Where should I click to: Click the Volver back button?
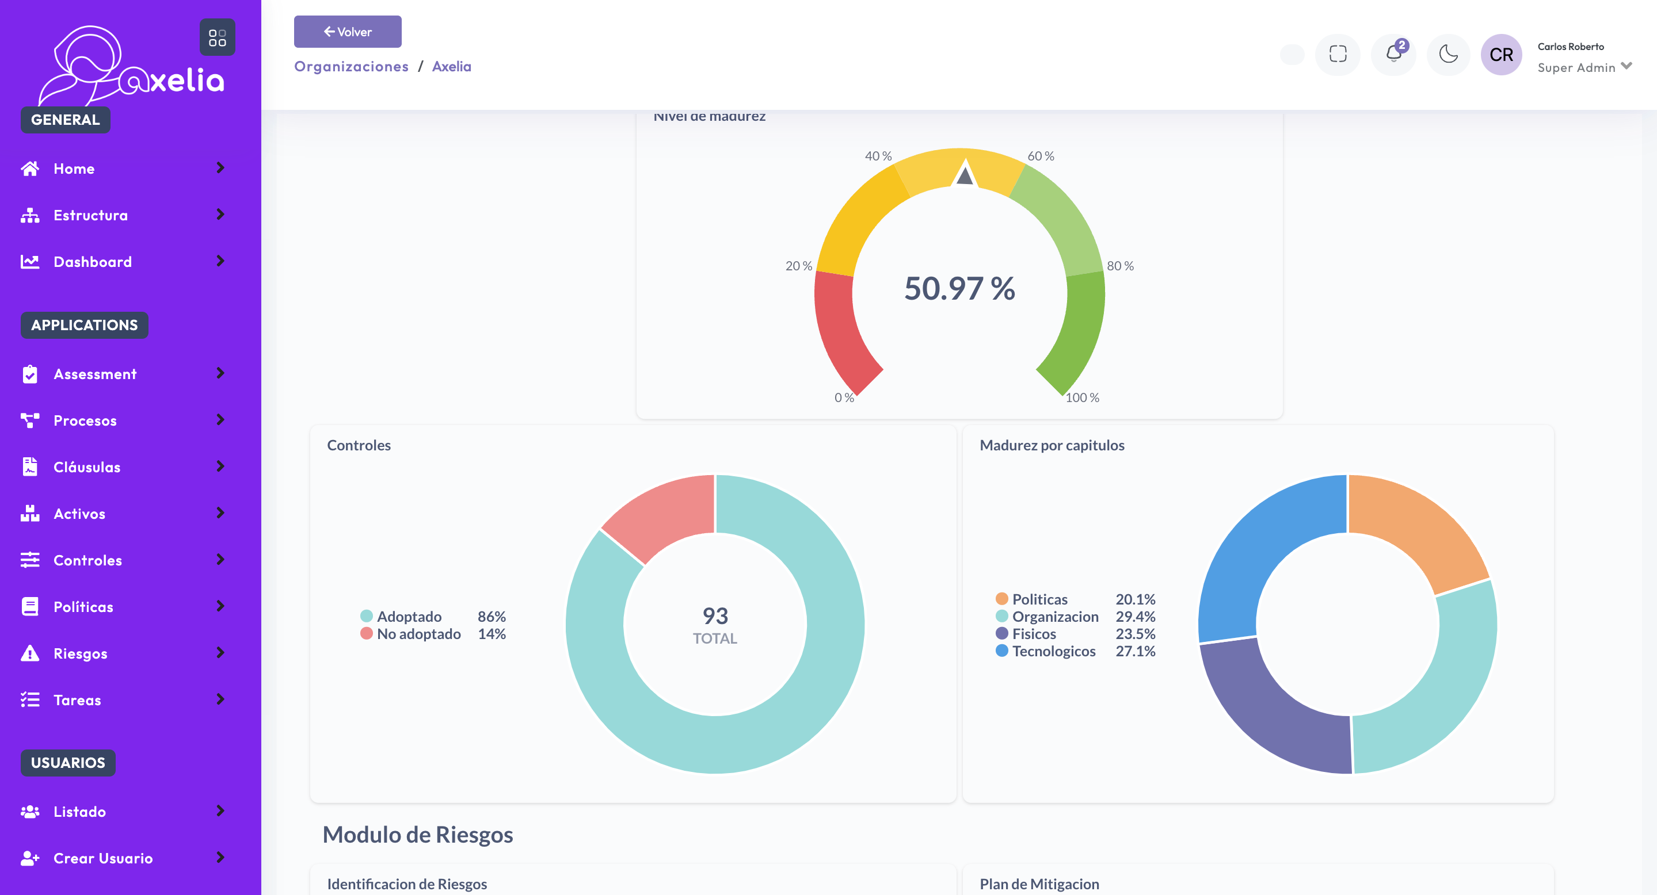click(348, 32)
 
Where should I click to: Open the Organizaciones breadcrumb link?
click(351, 66)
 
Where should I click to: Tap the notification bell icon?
click(1393, 54)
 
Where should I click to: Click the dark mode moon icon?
click(1448, 54)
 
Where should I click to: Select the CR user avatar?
click(1500, 55)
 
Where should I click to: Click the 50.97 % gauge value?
click(959, 288)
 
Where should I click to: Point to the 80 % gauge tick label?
click(1120, 266)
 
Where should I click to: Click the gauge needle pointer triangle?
click(964, 174)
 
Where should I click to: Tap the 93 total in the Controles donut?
click(715, 616)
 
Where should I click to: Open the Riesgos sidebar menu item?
click(81, 653)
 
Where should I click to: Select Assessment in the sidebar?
click(94, 373)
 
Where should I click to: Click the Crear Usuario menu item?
click(103, 858)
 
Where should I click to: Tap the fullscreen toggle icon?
click(1338, 54)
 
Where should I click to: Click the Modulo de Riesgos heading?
click(417, 834)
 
